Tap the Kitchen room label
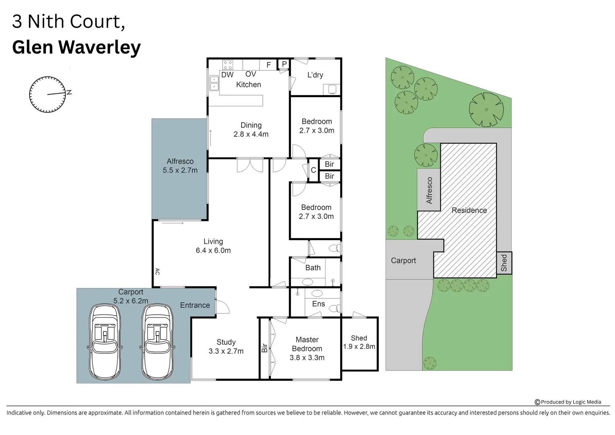248,85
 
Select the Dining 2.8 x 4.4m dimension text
251,134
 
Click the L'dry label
315,75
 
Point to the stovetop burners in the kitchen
228,64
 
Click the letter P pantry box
284,64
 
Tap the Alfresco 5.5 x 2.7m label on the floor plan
180,166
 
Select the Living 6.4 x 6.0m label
213,246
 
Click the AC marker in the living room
157,271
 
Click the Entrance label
195,305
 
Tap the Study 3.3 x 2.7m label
226,346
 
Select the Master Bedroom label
307,348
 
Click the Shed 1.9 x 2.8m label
359,342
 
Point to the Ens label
318,304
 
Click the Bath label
313,268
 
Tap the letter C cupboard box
313,170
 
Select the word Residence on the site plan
469,210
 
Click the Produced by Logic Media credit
568,402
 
